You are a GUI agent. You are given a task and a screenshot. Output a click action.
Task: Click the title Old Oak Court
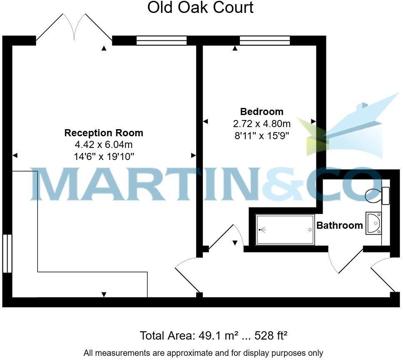click(200, 7)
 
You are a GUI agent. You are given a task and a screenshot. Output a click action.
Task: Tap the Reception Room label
click(104, 133)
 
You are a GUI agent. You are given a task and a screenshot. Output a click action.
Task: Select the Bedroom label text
click(262, 112)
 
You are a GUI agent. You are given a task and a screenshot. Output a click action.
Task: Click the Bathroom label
click(340, 225)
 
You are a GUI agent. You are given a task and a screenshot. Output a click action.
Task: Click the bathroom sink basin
click(373, 223)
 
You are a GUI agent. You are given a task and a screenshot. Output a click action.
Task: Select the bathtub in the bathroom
click(285, 230)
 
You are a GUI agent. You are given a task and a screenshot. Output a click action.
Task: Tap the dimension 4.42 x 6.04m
click(104, 145)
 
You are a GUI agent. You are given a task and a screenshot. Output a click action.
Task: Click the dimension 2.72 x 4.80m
click(262, 124)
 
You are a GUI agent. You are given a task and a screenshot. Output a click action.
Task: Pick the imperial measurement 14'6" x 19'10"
click(104, 156)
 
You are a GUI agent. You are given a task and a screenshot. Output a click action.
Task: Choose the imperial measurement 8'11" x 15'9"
click(262, 135)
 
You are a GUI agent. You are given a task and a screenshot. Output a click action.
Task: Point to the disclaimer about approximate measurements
click(203, 353)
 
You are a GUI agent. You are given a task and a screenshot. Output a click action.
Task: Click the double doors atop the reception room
click(74, 28)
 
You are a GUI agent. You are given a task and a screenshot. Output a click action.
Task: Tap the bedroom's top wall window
click(265, 40)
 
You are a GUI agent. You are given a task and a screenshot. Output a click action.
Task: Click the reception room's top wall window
click(162, 40)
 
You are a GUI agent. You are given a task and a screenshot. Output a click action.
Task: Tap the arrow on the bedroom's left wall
click(205, 122)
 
